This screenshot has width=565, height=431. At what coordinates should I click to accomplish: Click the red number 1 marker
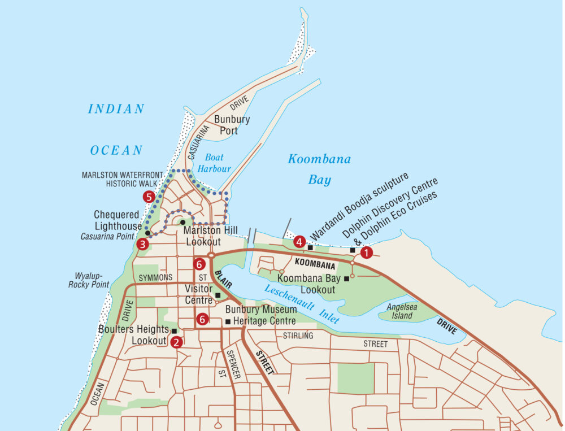tap(367, 253)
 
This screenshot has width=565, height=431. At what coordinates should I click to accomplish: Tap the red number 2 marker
tap(177, 341)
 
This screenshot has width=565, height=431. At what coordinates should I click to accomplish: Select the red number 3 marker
tap(142, 244)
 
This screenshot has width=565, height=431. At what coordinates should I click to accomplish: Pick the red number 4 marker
tap(299, 242)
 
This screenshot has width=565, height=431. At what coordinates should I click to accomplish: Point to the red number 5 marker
tap(149, 197)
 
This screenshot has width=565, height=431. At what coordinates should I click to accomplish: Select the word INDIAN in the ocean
tap(116, 109)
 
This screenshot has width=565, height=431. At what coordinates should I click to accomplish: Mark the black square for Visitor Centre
tap(218, 295)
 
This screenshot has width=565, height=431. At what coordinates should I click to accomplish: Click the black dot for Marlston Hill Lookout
tap(182, 222)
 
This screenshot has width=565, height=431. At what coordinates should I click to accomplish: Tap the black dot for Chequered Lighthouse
tap(147, 233)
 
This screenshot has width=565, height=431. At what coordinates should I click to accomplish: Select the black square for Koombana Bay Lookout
tap(346, 278)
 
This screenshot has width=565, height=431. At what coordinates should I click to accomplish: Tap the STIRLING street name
tap(298, 336)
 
